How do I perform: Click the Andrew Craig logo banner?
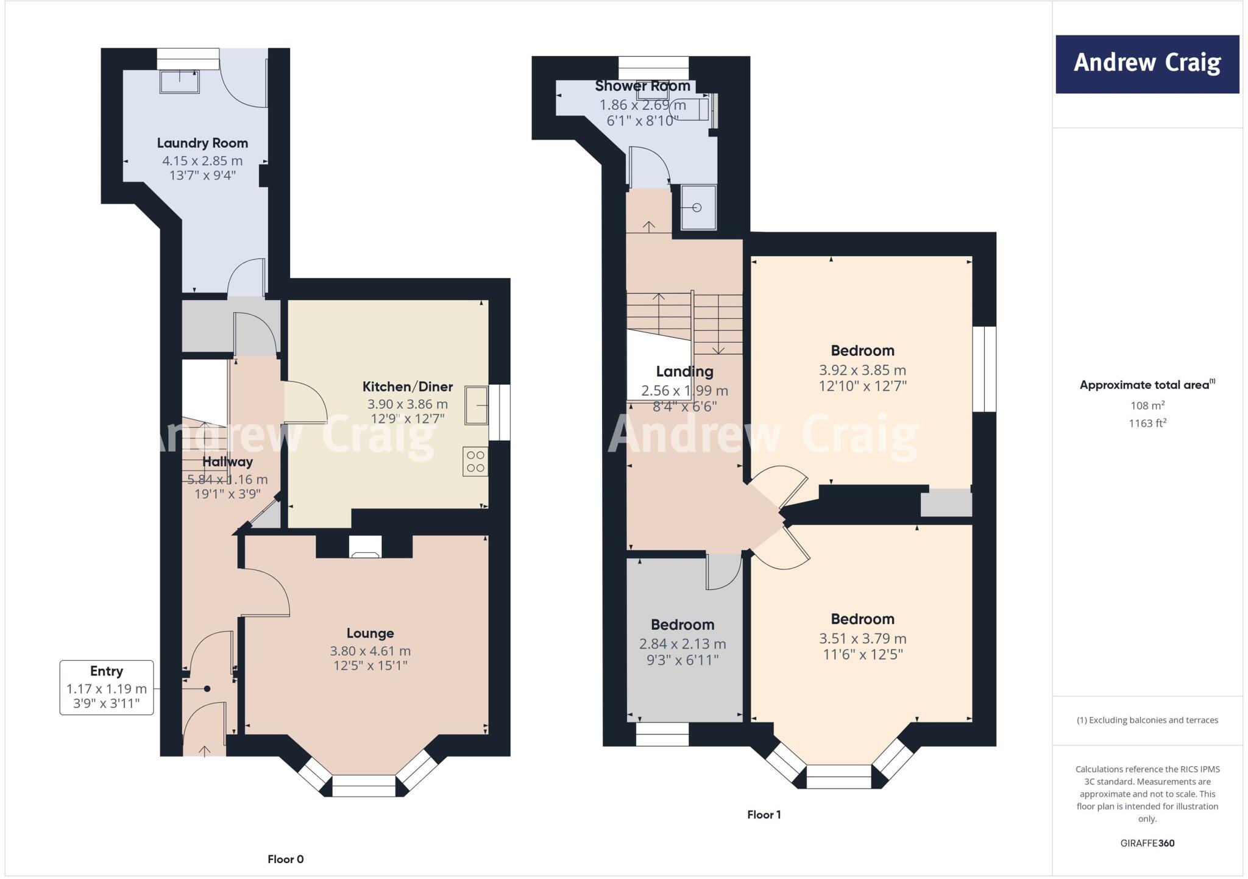pos(1147,64)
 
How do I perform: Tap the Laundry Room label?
pos(202,143)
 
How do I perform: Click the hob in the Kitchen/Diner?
pos(475,461)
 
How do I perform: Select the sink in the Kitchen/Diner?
pos(477,405)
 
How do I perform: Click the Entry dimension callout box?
pos(107,688)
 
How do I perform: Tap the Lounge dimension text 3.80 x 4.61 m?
pos(370,651)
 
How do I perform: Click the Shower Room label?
pos(642,86)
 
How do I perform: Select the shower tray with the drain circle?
pos(698,207)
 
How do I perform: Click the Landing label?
pos(684,371)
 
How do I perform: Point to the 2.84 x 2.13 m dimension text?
pos(682,644)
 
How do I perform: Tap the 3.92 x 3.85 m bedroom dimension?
pos(862,370)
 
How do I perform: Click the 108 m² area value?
pos(1147,405)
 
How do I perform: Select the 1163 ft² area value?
pos(1147,423)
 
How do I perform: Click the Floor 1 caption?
pos(764,815)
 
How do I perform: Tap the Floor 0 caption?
pos(285,859)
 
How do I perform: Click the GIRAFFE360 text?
pos(1147,844)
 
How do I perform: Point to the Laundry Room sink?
pos(179,82)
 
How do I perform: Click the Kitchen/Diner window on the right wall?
pos(500,412)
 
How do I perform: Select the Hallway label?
pos(227,461)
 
